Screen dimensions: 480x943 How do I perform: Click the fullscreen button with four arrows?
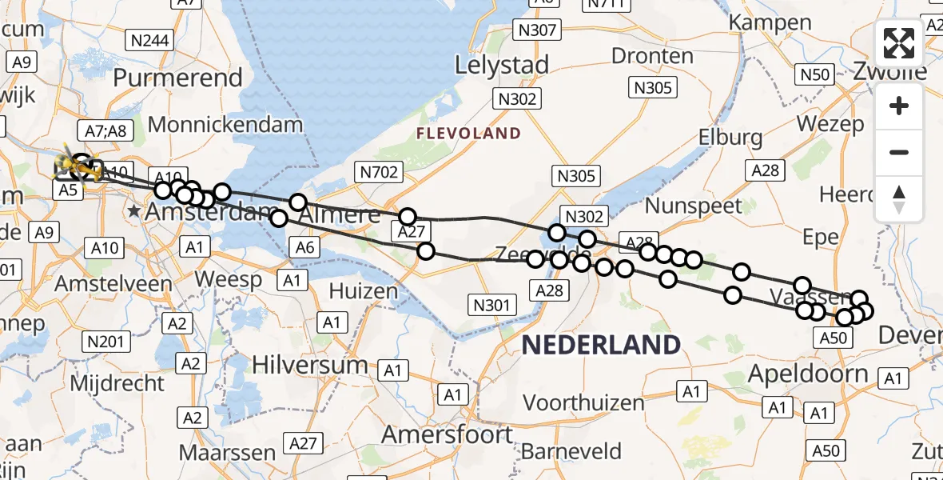pyautogui.click(x=899, y=43)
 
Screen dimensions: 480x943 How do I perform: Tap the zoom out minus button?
pyautogui.click(x=899, y=152)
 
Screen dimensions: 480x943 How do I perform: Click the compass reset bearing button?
pyautogui.click(x=899, y=198)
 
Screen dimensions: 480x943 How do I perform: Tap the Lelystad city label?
pyautogui.click(x=502, y=64)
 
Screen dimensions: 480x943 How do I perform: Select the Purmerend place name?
pyautogui.click(x=177, y=78)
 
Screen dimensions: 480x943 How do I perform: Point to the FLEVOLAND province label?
pyautogui.click(x=468, y=134)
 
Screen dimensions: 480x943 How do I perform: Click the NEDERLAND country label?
pyautogui.click(x=601, y=345)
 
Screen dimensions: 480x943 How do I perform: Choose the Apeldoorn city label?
pyautogui.click(x=808, y=374)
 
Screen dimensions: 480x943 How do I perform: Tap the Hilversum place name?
pyautogui.click(x=309, y=365)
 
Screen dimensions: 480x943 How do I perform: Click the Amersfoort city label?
pyautogui.click(x=448, y=434)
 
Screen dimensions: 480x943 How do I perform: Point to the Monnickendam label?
pyautogui.click(x=225, y=125)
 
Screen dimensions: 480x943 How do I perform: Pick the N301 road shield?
pyautogui.click(x=492, y=304)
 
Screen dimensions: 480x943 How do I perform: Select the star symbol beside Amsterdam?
pyautogui.click(x=133, y=212)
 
